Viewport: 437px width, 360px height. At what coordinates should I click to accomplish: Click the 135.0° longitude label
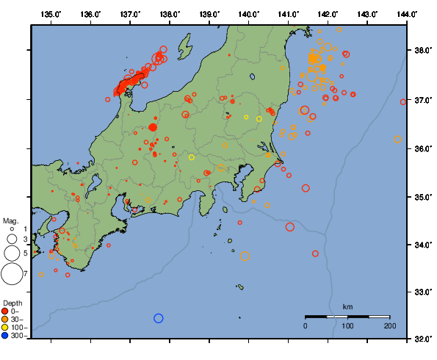pyautogui.click(x=51, y=14)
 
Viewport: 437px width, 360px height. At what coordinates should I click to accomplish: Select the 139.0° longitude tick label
pyautogui.click(x=209, y=14)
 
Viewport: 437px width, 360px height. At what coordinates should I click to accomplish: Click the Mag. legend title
pyautogui.click(x=10, y=220)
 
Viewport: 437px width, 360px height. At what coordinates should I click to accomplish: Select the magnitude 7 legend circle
pyautogui.click(x=12, y=274)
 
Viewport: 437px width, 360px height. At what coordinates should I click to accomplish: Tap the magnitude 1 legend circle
pyautogui.click(x=12, y=230)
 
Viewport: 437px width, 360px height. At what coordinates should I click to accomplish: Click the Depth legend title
pyautogui.click(x=12, y=303)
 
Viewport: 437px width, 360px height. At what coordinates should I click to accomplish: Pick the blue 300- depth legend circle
pyautogui.click(x=6, y=336)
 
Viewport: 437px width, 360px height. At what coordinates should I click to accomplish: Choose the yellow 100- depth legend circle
pyautogui.click(x=6, y=327)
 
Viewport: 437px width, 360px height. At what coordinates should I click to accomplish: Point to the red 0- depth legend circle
pyautogui.click(x=6, y=311)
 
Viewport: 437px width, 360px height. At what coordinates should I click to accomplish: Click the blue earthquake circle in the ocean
pyautogui.click(x=158, y=318)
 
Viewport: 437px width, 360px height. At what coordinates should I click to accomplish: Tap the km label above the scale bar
pyautogui.click(x=347, y=306)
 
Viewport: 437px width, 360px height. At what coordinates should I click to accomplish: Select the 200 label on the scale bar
pyautogui.click(x=389, y=325)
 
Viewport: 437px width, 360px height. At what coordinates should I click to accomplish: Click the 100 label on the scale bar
pyautogui.click(x=347, y=325)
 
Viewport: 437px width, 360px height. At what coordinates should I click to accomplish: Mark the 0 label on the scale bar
pyautogui.click(x=306, y=325)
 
